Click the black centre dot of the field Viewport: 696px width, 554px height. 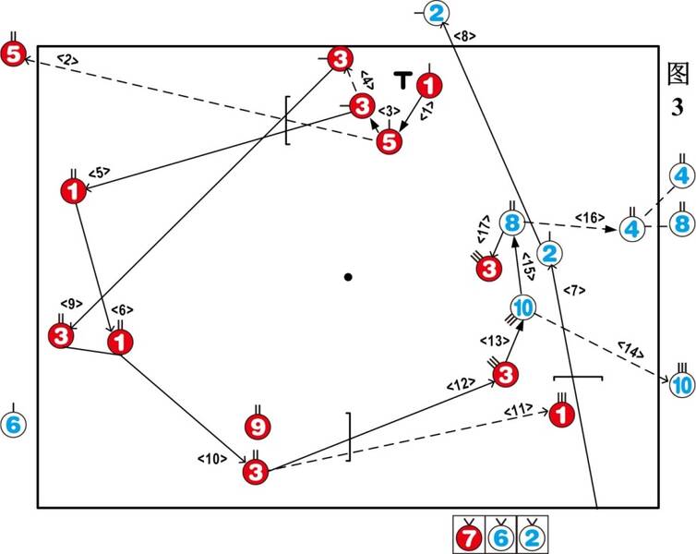tap(348, 277)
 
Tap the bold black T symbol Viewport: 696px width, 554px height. tap(403, 80)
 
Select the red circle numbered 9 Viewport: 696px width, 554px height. tap(258, 427)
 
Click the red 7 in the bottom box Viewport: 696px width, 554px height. tap(469, 537)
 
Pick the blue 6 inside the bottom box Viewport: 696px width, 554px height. tap(500, 537)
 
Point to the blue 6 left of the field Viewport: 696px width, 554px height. tap(13, 425)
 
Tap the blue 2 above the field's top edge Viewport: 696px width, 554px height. tap(437, 13)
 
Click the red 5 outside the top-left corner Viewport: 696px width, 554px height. tap(13, 54)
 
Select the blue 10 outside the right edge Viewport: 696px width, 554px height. tap(682, 384)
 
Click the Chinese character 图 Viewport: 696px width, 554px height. tap(678, 73)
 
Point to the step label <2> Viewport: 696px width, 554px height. tap(68, 59)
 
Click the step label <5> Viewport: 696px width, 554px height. tap(99, 173)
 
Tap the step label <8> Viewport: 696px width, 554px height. tap(464, 36)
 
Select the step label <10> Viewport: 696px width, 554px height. tap(212, 459)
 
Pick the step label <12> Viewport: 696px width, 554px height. tap(461, 383)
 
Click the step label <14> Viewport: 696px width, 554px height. tap(630, 349)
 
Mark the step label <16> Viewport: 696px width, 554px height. tap(590, 218)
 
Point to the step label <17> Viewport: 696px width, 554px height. tap(484, 229)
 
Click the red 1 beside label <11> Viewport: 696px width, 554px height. tap(562, 415)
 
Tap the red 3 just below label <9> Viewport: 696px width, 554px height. tap(61, 335)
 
